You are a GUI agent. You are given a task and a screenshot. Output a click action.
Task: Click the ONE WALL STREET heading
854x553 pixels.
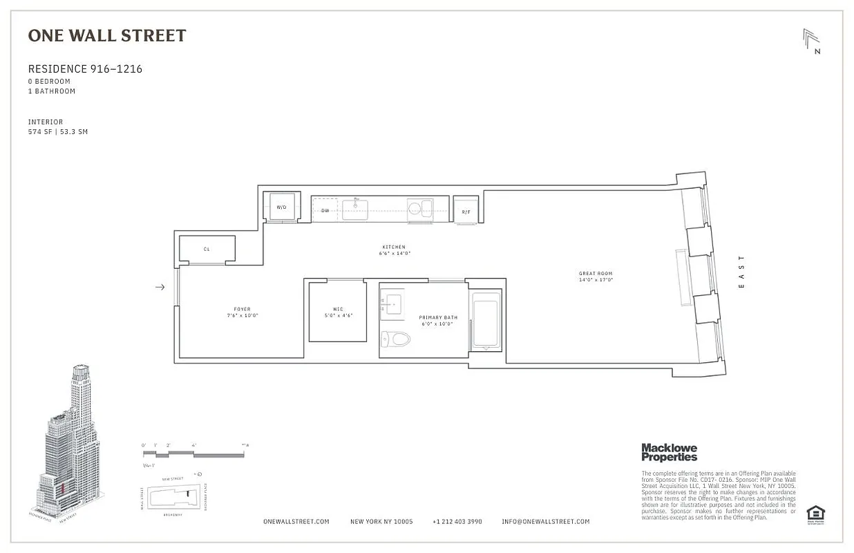click(x=107, y=36)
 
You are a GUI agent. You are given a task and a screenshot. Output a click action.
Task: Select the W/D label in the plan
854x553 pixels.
click(x=281, y=207)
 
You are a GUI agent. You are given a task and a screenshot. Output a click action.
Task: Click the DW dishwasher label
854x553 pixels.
click(x=325, y=210)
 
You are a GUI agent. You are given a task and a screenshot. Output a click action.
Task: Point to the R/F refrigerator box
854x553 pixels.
click(x=466, y=209)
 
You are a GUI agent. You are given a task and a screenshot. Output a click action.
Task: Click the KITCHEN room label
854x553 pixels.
click(x=395, y=247)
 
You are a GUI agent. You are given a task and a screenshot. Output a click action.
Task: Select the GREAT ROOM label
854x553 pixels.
click(x=596, y=274)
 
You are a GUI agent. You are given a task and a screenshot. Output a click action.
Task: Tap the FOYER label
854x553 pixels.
click(x=242, y=309)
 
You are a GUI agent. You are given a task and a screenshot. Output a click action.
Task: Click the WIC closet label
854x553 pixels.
click(x=338, y=309)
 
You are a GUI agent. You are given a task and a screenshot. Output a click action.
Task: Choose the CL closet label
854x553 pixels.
click(x=207, y=249)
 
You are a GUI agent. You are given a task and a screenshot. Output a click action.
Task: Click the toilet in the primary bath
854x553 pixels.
click(x=397, y=339)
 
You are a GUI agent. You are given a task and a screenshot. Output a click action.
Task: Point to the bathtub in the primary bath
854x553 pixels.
click(x=486, y=320)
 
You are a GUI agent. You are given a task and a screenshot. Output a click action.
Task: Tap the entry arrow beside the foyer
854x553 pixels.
click(x=160, y=287)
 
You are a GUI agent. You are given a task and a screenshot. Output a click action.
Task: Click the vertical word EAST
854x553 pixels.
click(x=742, y=272)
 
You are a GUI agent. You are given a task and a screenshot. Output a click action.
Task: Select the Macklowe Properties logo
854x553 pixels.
click(x=669, y=452)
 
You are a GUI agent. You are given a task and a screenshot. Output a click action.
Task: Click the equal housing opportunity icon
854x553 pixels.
click(x=815, y=513)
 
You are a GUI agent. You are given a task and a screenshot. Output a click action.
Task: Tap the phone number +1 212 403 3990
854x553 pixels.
click(x=457, y=521)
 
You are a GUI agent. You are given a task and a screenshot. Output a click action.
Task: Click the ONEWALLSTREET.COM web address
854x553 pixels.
click(x=296, y=521)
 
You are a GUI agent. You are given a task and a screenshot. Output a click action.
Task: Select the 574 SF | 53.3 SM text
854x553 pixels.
click(x=58, y=131)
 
